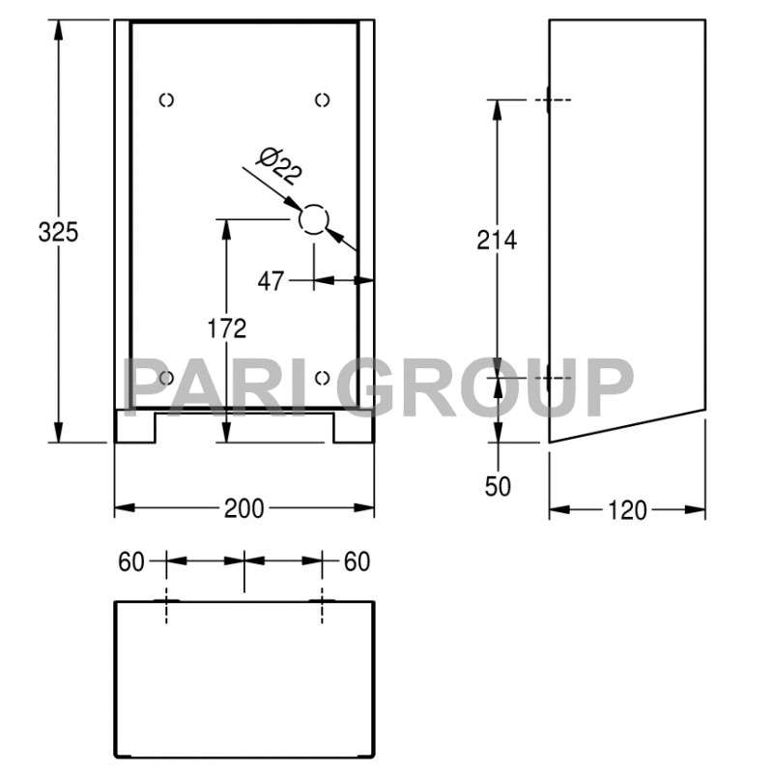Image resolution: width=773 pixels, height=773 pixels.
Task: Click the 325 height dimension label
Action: point(57,232)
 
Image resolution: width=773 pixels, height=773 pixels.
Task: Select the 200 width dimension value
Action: point(244,508)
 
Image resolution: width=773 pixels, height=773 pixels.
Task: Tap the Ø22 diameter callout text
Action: point(281,165)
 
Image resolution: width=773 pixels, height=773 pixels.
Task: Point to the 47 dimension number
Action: point(272,281)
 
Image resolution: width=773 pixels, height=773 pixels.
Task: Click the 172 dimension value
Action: point(227,329)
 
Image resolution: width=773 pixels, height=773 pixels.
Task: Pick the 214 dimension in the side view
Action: point(498,240)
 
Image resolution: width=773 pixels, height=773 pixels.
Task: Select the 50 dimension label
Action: point(498,486)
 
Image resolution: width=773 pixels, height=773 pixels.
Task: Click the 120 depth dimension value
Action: point(628,510)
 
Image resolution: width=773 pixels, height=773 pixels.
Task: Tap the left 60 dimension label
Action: point(132,561)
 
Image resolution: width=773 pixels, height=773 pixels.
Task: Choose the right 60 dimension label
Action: point(357,561)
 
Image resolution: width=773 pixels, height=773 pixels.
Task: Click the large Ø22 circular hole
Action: point(313,220)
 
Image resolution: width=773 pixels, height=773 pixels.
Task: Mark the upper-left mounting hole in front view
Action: point(166,100)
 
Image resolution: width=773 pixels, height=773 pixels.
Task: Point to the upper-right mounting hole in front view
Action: point(323,100)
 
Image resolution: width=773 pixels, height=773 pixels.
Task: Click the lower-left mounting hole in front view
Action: point(166,377)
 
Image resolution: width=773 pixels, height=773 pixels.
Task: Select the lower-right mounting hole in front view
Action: point(323,377)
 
